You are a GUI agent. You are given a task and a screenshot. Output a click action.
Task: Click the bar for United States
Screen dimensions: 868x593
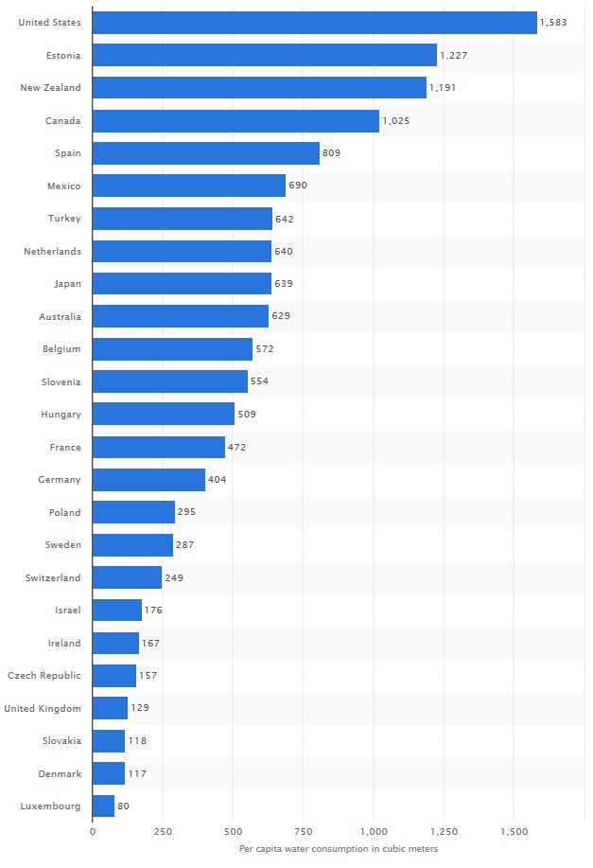pos(314,22)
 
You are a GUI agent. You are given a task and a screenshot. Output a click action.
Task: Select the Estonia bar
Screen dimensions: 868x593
pos(265,55)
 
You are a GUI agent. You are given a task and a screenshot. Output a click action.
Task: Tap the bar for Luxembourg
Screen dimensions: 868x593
pos(103,806)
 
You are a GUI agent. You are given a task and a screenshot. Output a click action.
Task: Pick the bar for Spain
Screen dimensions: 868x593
pos(206,153)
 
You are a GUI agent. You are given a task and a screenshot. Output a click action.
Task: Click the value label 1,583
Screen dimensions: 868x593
pos(553,22)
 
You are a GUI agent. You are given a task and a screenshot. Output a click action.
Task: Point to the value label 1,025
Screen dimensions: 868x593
pos(396,120)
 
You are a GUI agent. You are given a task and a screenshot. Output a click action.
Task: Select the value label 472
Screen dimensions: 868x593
pos(236,447)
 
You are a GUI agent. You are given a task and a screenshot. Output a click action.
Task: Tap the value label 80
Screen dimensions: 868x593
pos(123,806)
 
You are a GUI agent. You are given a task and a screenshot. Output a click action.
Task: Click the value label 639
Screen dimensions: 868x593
pos(283,284)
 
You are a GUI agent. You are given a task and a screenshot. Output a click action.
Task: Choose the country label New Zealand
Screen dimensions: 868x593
pos(50,88)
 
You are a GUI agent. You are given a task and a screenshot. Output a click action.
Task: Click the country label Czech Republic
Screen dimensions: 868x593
pos(44,676)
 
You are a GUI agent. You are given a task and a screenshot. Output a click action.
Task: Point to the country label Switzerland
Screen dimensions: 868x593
pos(53,577)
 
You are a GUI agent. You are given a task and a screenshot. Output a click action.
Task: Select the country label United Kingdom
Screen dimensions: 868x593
pos(43,708)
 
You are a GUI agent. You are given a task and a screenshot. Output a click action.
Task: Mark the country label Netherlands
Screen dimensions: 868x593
pos(52,251)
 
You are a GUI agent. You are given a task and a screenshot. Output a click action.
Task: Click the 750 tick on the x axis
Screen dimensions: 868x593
pos(303,832)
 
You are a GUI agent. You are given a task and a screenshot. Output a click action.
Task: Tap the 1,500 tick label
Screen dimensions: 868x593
pos(514,832)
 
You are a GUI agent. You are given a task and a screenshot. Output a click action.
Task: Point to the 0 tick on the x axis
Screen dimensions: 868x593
pos(93,832)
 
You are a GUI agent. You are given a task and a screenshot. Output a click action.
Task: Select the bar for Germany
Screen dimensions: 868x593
pos(148,480)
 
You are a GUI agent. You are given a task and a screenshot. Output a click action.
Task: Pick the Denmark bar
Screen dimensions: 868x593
pos(109,773)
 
